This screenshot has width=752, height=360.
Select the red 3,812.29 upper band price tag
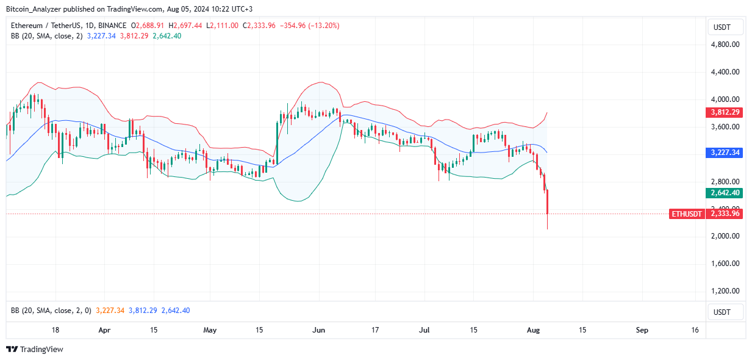(x=725, y=112)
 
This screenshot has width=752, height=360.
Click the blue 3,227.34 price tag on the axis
(x=725, y=153)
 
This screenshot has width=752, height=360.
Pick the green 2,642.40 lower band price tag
(x=725, y=193)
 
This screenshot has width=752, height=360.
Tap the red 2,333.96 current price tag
(x=725, y=214)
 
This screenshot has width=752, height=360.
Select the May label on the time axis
(x=210, y=330)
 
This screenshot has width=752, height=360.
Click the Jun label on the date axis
(x=318, y=330)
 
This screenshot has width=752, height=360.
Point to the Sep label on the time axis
(x=642, y=330)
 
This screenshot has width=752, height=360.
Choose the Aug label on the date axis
(x=532, y=330)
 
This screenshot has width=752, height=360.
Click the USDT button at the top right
(x=725, y=27)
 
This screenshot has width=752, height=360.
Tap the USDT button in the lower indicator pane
(x=725, y=312)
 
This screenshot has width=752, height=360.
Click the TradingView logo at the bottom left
(x=35, y=350)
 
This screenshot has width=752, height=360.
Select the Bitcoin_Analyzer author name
(x=37, y=8)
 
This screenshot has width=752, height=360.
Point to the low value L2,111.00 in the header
(x=224, y=26)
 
